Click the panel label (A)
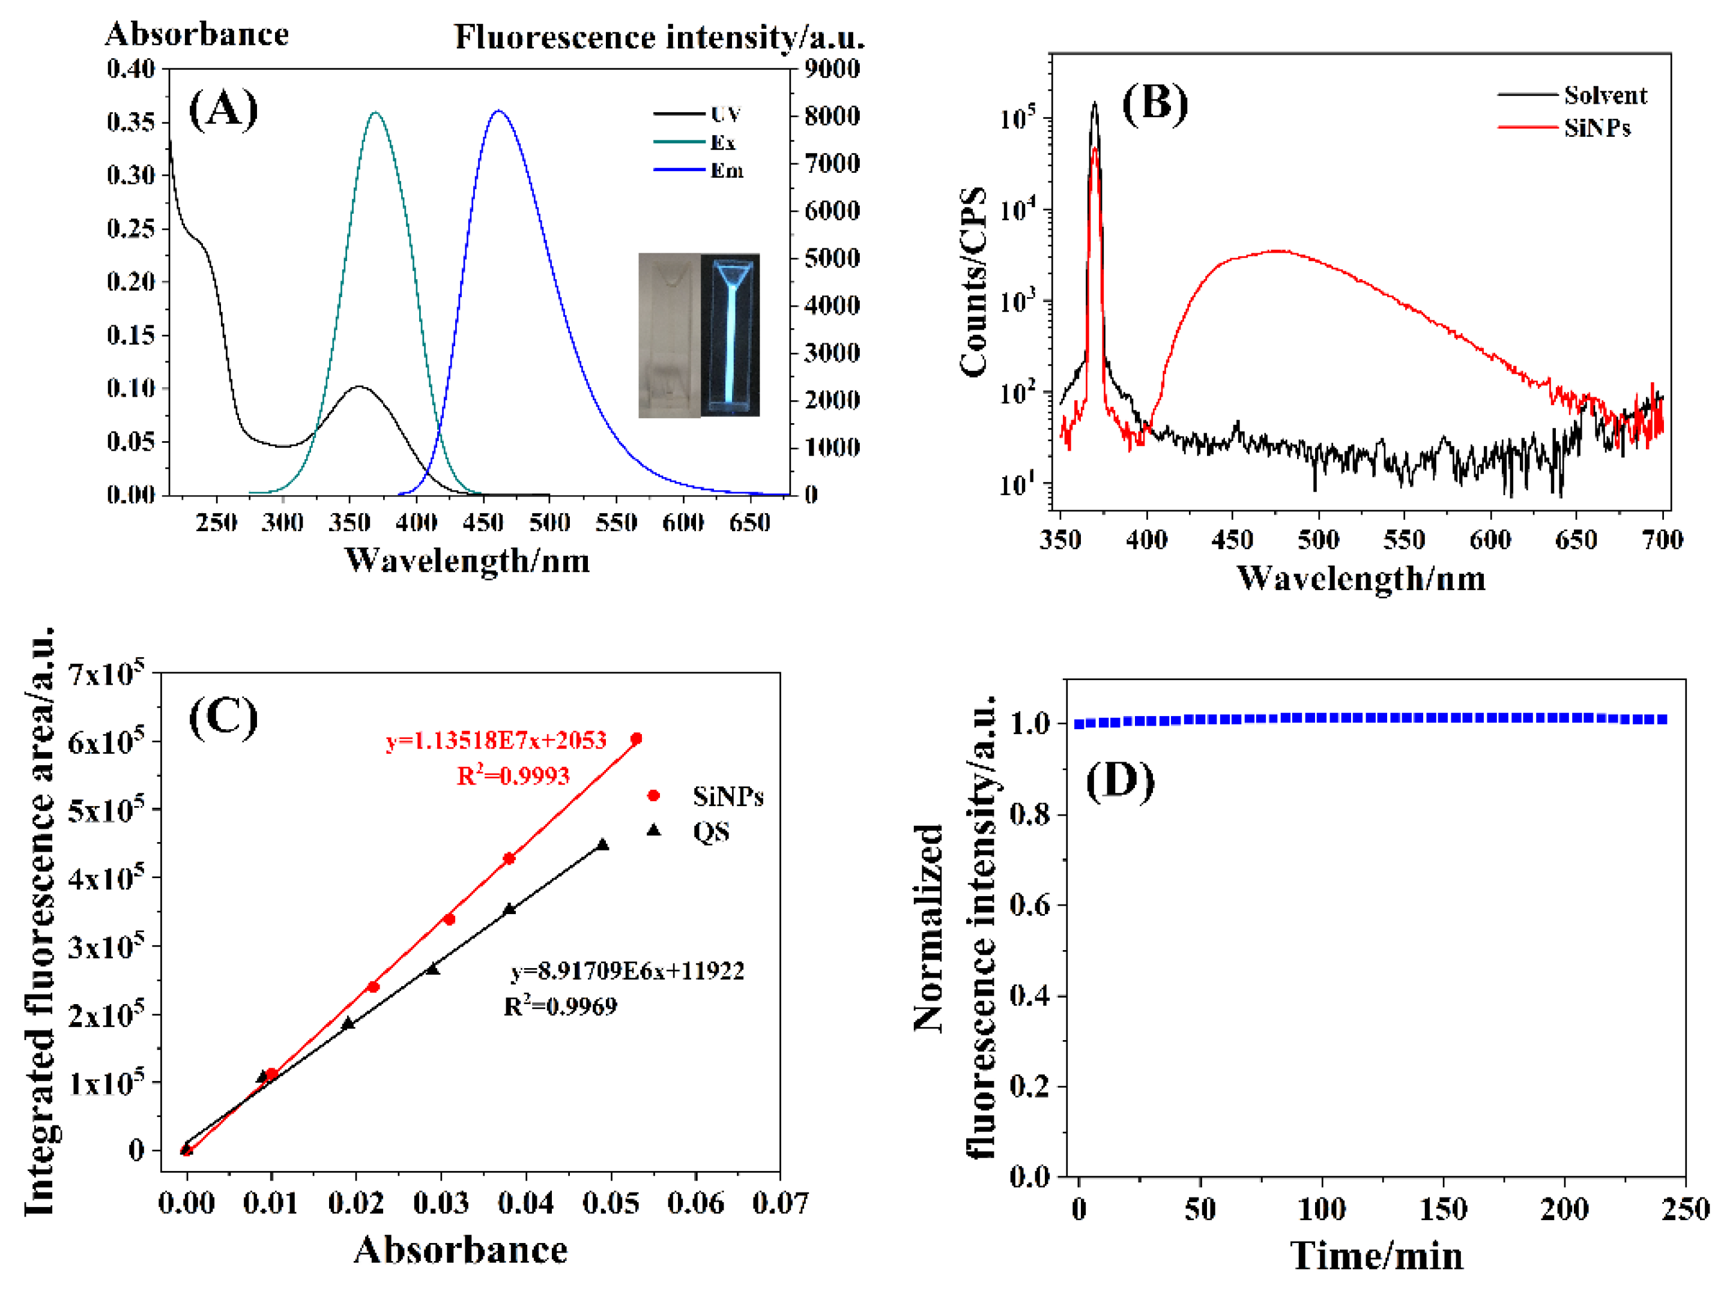point(223,109)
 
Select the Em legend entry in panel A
point(725,170)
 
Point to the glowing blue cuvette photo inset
point(729,334)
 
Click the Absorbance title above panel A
point(197,34)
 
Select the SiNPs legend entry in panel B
point(1597,127)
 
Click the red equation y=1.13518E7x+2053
point(497,740)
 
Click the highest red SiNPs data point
point(637,738)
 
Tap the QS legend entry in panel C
point(710,832)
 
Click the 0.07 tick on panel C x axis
point(780,1203)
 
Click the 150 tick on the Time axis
point(1443,1209)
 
